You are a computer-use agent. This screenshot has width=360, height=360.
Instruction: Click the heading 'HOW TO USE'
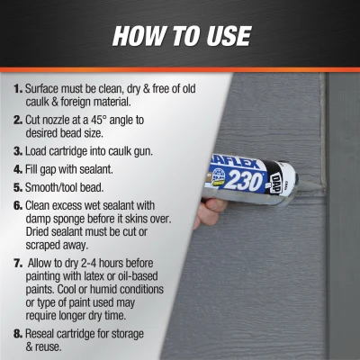pyautogui.click(x=180, y=36)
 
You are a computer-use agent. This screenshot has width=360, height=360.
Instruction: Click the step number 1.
pyautogui.click(x=18, y=90)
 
